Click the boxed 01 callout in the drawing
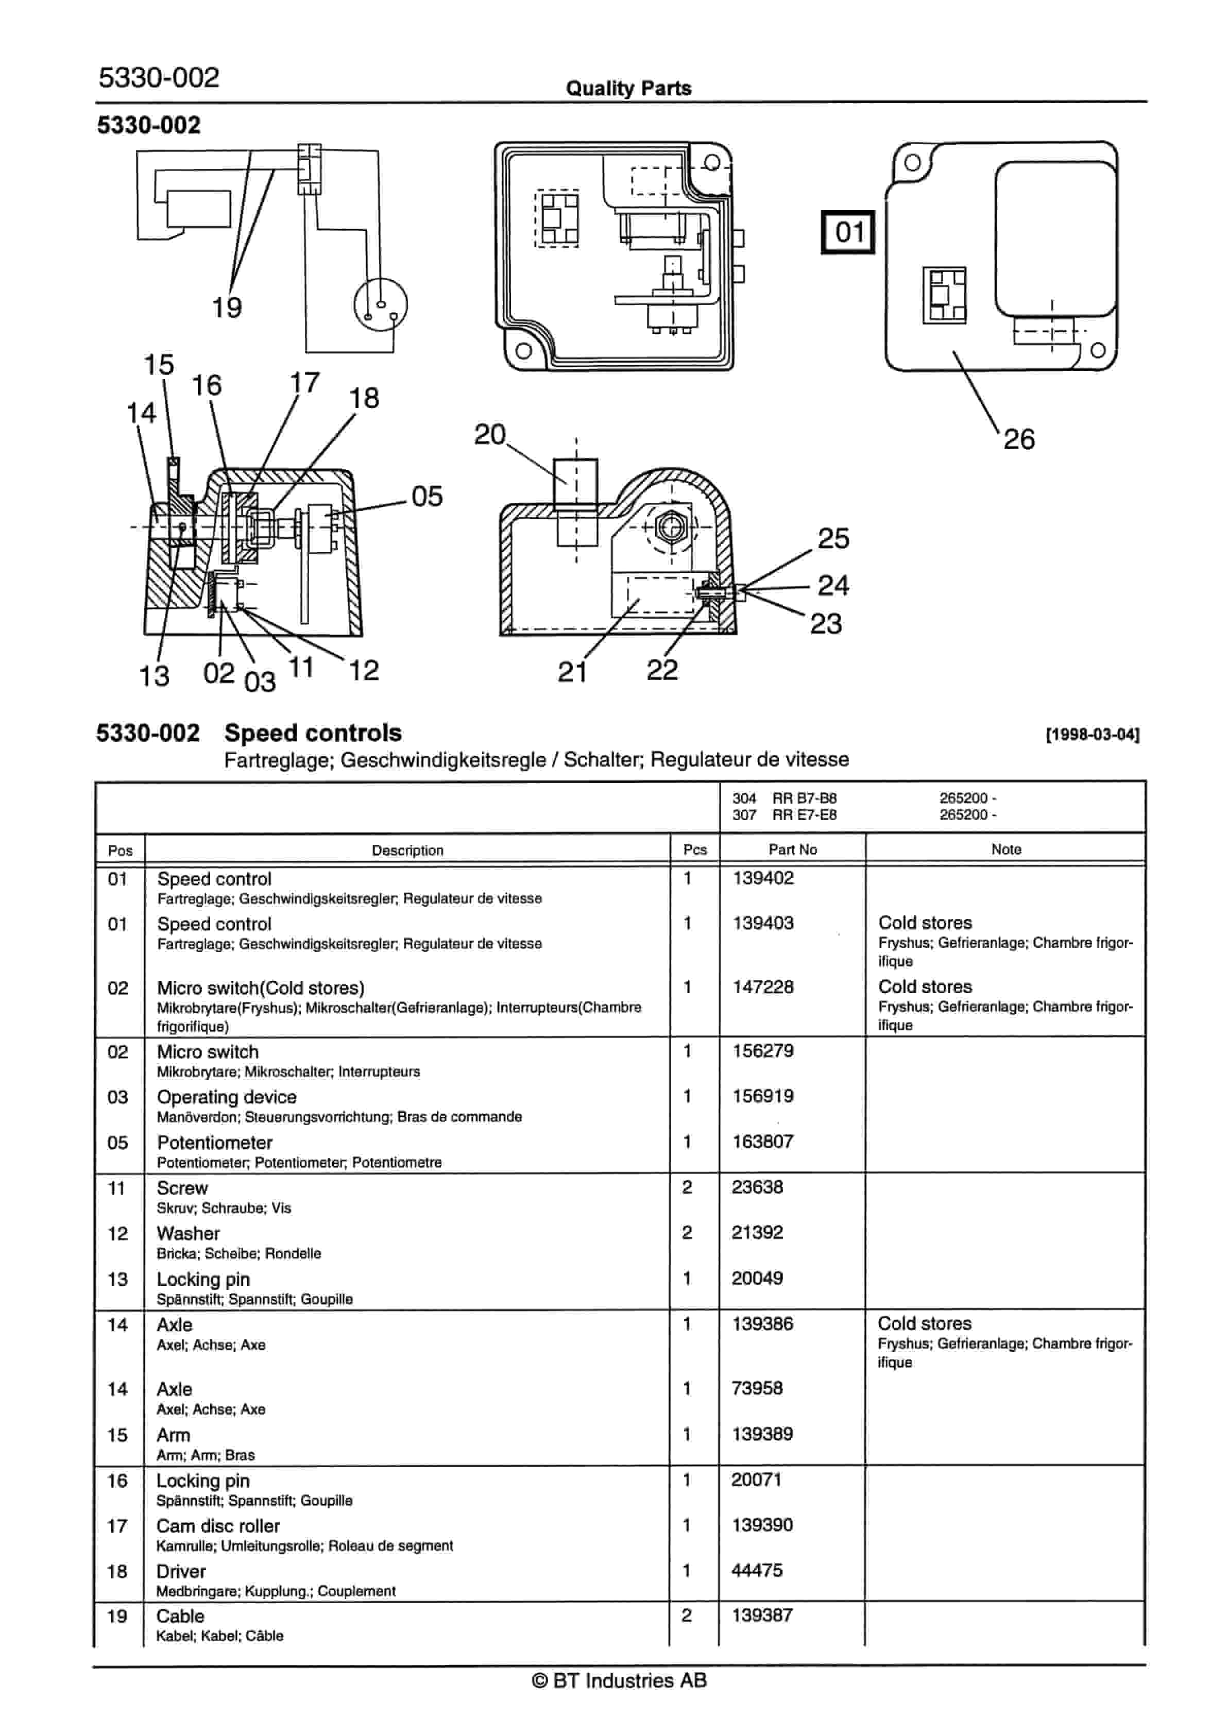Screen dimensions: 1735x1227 point(848,232)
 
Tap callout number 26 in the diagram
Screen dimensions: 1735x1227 point(1018,439)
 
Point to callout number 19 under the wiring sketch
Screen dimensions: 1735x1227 point(227,308)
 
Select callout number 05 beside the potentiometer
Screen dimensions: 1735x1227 point(427,497)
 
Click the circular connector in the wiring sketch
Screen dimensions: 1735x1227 point(381,304)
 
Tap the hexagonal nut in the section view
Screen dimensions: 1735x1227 point(670,526)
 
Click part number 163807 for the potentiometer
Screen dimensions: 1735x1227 point(762,1142)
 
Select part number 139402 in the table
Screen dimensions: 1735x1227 point(762,878)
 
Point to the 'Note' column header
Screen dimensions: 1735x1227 point(1006,849)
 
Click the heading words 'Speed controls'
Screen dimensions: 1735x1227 point(313,733)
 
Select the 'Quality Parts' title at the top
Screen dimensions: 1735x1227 point(628,89)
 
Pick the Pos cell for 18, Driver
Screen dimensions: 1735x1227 point(117,1572)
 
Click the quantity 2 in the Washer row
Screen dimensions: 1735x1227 point(687,1233)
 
